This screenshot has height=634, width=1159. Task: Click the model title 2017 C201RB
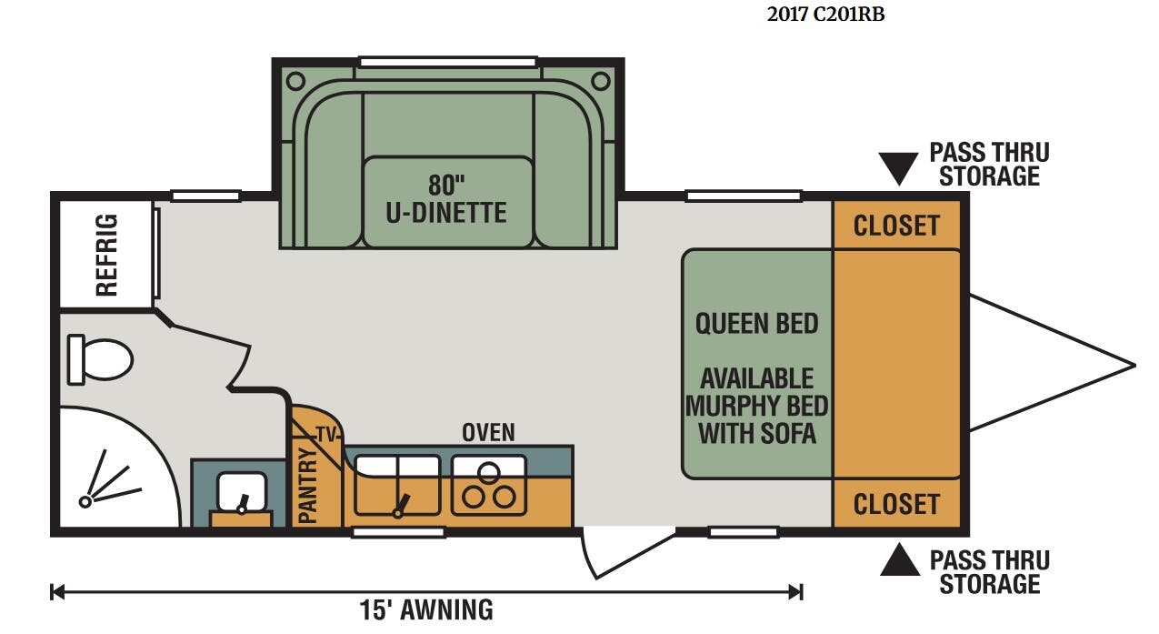[x=825, y=15]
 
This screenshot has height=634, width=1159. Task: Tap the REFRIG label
[x=107, y=255]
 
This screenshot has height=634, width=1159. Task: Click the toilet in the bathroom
[x=100, y=359]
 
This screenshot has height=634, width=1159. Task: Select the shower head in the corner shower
[x=85, y=501]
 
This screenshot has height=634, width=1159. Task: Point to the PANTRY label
[x=308, y=486]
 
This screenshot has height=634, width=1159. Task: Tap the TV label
[x=326, y=435]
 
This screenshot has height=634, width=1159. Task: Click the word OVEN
[x=488, y=433]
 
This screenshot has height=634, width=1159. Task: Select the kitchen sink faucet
[x=401, y=506]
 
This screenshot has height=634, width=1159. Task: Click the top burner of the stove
[x=489, y=471]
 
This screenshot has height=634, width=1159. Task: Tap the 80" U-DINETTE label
[x=446, y=198]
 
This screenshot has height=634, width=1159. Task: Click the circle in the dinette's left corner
[x=295, y=81]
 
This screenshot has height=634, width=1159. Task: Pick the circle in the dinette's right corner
[x=600, y=81]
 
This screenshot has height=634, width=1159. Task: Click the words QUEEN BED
[x=756, y=324]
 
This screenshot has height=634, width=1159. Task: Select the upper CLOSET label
[x=896, y=226]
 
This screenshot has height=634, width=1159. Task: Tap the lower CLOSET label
[x=896, y=504]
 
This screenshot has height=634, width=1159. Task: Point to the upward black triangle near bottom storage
[x=900, y=559]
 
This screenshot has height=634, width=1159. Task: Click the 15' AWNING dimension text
[x=426, y=609]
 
